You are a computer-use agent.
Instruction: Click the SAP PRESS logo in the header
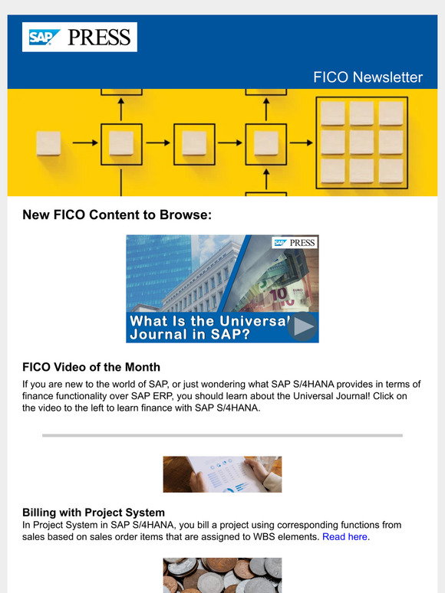80,37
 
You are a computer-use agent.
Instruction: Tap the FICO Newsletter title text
368,77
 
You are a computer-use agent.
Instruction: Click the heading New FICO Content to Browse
117,215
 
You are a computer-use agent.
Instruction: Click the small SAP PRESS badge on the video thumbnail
295,243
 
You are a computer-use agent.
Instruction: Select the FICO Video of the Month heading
91,367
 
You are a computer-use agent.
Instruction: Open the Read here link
344,537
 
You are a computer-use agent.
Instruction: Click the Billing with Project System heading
94,512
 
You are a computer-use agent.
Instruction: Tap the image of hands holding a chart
222,474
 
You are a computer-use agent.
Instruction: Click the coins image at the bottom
222,575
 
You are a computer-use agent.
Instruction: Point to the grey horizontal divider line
222,435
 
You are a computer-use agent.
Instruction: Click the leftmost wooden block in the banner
49,143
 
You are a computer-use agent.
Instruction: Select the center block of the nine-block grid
361,143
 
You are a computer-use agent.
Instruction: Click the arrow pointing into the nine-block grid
302,143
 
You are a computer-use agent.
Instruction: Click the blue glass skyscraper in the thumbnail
157,268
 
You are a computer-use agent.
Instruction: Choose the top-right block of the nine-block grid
391,114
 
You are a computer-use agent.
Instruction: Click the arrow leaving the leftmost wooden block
85,143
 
